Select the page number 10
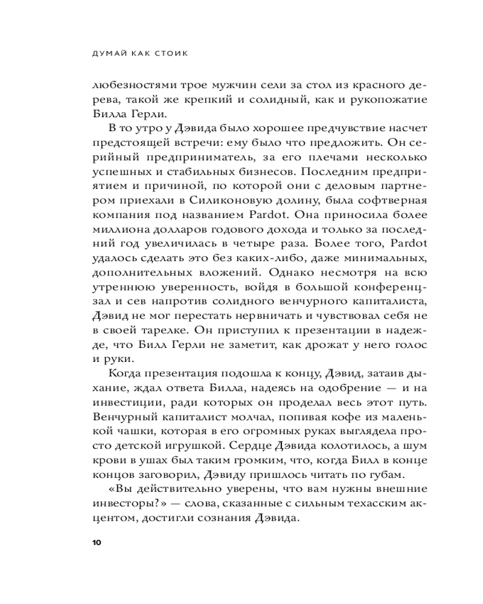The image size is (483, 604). pyautogui.click(x=97, y=542)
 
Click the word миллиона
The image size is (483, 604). pyautogui.click(x=115, y=229)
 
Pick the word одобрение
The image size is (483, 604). pyautogui.click(x=339, y=388)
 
